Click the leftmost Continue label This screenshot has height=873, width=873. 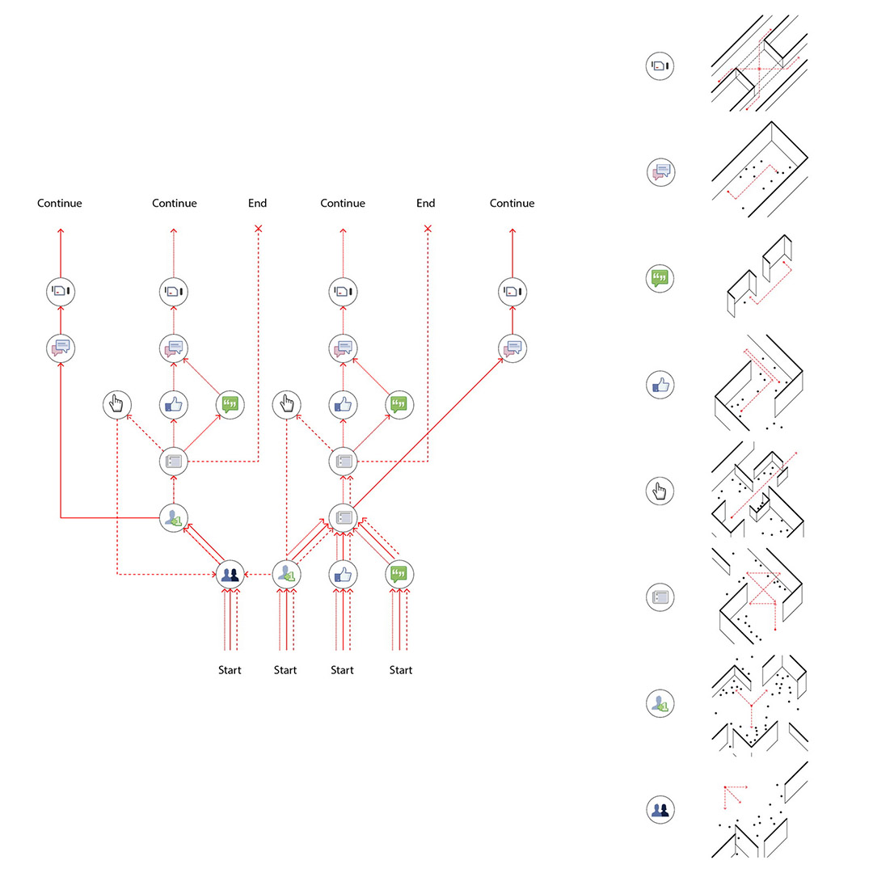click(60, 203)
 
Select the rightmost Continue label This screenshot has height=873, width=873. click(512, 203)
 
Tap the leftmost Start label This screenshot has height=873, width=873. click(230, 670)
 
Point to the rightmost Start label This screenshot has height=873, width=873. click(400, 670)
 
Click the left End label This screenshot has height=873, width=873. click(257, 203)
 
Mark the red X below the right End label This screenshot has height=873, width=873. click(428, 228)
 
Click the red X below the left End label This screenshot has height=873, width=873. click(259, 228)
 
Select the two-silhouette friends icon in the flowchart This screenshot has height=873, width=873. click(230, 574)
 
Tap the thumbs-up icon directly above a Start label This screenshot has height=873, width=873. click(343, 574)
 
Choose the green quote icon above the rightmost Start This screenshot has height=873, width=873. click(399, 574)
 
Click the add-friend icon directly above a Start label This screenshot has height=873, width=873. click(286, 574)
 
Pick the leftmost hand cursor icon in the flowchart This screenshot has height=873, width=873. click(117, 404)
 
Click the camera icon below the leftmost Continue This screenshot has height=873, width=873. click(61, 291)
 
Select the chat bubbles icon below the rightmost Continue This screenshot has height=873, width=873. click(512, 348)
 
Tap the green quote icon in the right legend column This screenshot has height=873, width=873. click(660, 278)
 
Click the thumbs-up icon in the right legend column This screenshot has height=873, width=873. click(660, 385)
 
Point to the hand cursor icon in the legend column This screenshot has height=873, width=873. click(660, 491)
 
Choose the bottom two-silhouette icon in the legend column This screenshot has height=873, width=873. click(660, 809)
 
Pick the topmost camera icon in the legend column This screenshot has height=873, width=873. click(660, 65)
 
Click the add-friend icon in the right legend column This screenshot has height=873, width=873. click(660, 704)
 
